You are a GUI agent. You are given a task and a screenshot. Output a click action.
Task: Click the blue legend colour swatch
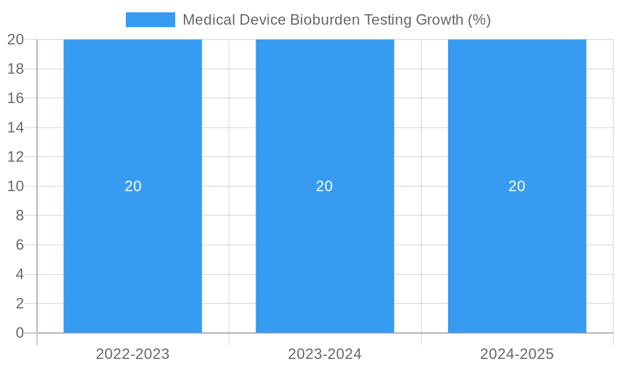[150, 20]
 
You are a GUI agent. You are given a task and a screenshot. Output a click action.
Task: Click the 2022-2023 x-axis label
[133, 354]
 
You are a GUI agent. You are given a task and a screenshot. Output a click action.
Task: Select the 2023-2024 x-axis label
[325, 354]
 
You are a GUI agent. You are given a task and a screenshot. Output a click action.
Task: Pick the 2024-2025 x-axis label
[517, 354]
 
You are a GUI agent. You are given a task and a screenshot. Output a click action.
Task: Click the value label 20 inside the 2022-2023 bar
[133, 186]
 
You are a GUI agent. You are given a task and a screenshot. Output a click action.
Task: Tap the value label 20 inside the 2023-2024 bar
[325, 186]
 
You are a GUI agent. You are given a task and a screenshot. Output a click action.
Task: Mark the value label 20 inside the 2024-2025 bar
[517, 186]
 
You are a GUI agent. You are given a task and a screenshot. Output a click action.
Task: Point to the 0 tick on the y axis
[19, 333]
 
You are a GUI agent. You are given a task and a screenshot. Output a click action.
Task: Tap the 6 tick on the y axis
[19, 245]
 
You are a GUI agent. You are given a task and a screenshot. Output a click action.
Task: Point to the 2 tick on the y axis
[19, 303]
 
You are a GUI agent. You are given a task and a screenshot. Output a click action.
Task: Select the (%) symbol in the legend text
[479, 20]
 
